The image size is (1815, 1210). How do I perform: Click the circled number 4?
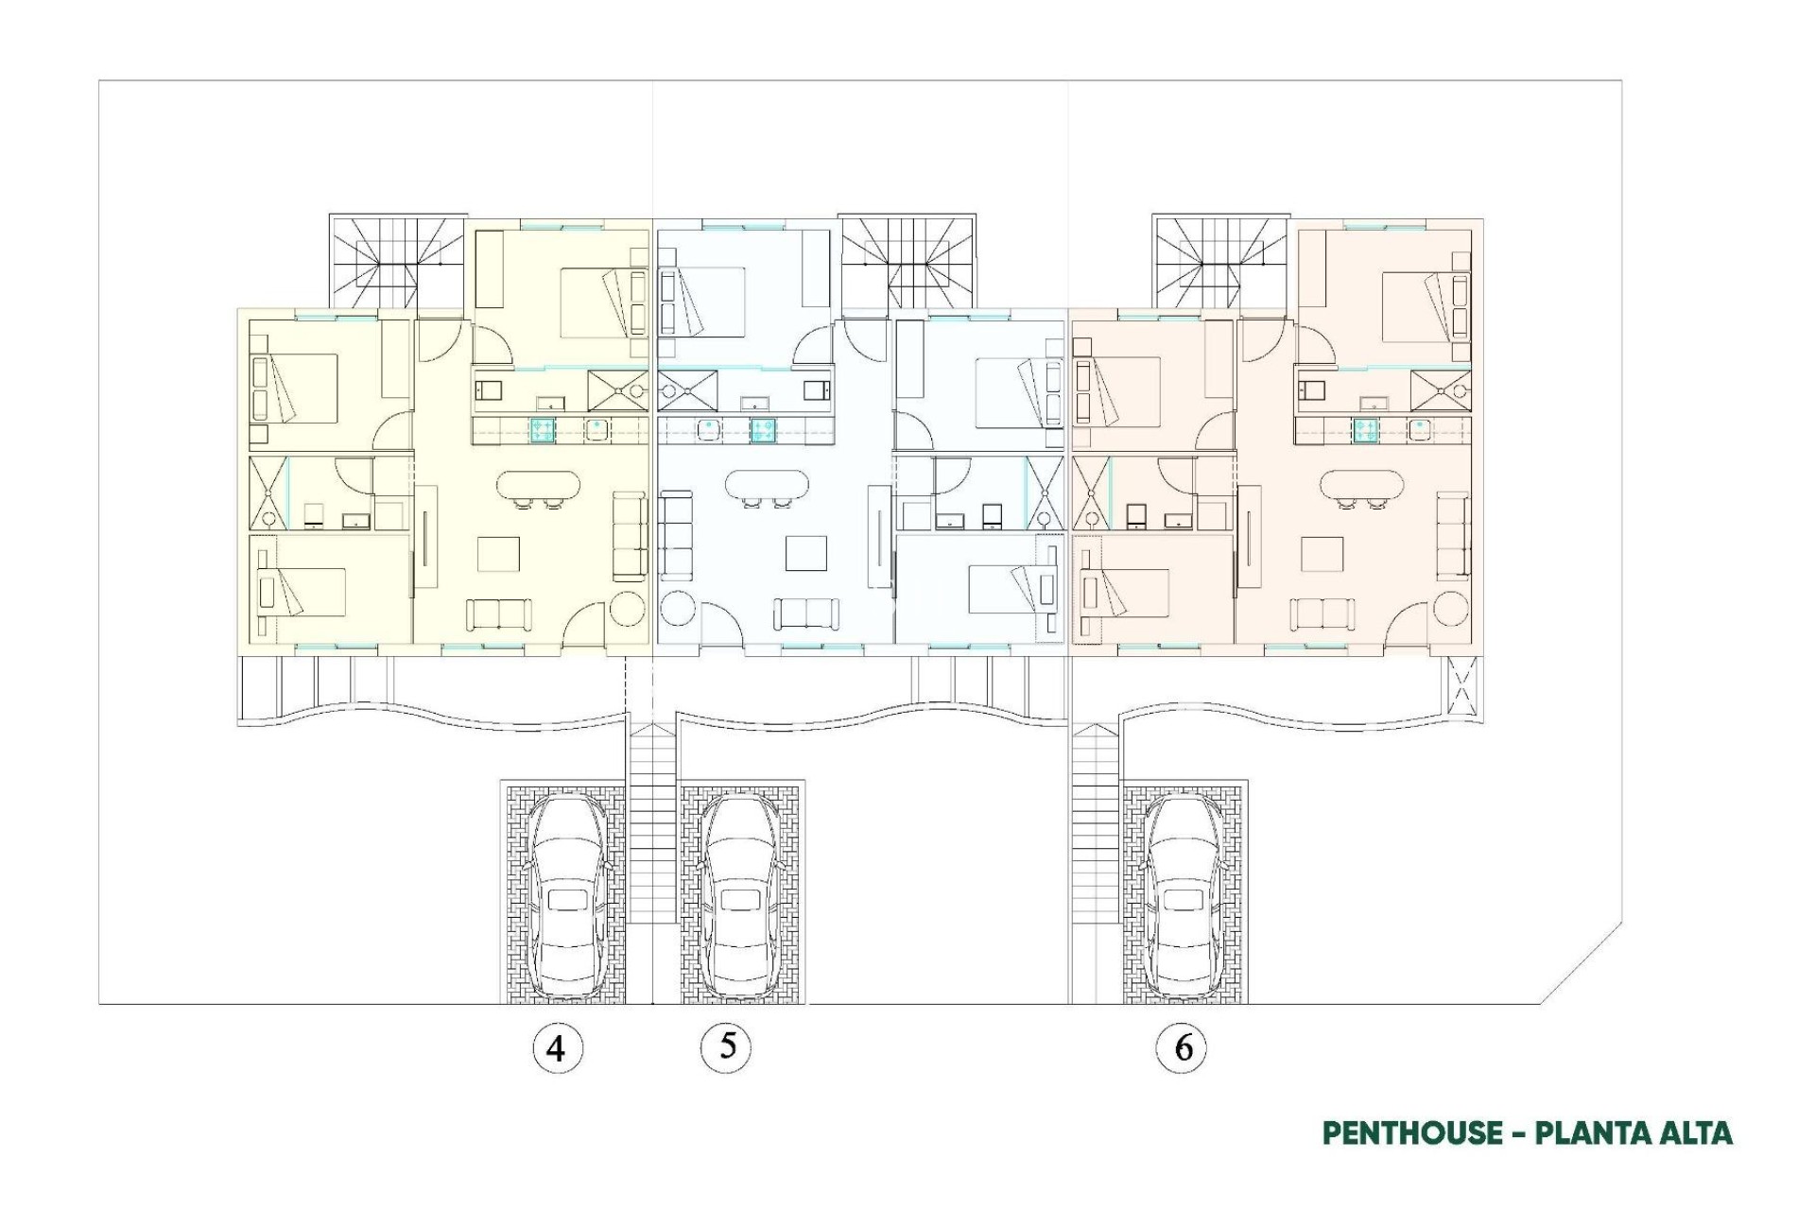tap(558, 1048)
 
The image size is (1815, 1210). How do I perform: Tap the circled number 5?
tap(726, 1046)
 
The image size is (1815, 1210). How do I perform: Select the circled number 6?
tap(1182, 1047)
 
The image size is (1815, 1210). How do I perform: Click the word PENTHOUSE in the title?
tap(1412, 1132)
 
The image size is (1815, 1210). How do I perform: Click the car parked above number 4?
tap(565, 897)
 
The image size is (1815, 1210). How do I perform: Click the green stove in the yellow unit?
tap(542, 430)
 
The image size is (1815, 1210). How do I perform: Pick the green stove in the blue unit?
tap(763, 430)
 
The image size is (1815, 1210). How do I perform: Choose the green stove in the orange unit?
tap(1364, 430)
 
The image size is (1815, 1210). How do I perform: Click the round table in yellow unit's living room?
tap(628, 608)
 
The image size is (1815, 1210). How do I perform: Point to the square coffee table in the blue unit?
tap(805, 554)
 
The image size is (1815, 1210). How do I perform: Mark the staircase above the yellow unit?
tap(397, 260)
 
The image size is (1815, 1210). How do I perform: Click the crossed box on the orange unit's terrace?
tap(1461, 687)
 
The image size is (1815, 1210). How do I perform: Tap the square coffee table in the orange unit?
tap(1322, 554)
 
